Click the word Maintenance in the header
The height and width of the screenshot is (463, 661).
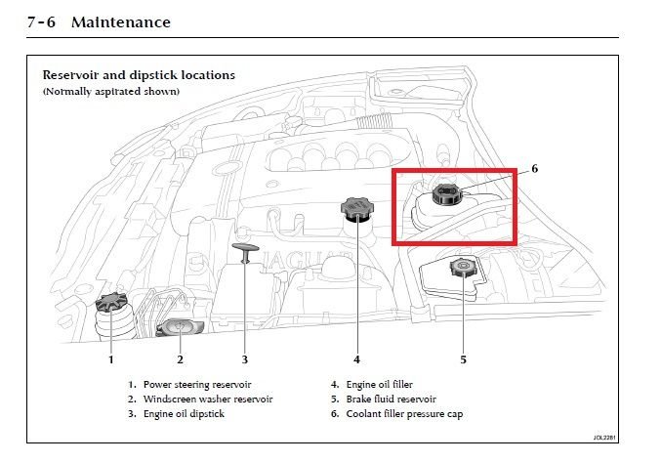click(120, 22)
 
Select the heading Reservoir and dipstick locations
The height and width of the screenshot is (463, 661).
click(138, 75)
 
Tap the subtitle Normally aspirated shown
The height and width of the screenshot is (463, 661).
click(110, 92)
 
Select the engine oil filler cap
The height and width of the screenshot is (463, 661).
click(352, 208)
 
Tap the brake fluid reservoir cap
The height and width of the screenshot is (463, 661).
click(458, 267)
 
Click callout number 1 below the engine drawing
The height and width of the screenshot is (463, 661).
click(110, 358)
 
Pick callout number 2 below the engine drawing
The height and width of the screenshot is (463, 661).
click(180, 358)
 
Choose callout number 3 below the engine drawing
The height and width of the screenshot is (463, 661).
click(245, 358)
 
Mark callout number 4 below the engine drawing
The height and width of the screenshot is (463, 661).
click(356, 358)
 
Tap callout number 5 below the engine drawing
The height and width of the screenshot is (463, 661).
click(463, 358)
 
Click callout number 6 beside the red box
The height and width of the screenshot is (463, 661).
click(534, 169)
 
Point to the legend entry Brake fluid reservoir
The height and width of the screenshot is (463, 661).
click(391, 400)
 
